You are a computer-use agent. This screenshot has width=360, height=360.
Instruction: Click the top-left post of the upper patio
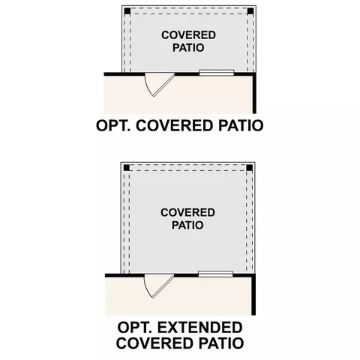127,11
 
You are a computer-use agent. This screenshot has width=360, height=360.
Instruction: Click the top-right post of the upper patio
250,11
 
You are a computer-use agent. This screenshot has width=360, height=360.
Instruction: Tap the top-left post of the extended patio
127,168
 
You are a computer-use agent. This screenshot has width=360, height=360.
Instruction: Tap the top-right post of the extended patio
249,168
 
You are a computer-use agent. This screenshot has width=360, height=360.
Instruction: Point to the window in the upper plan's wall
217,73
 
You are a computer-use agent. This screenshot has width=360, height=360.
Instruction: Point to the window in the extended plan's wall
215,274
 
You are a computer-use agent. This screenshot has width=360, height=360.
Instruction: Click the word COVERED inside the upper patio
188,35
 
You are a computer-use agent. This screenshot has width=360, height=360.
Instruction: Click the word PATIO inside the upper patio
188,47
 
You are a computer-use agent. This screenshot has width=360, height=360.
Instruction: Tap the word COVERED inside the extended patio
187,212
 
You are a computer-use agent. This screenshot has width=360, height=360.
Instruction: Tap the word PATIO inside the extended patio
187,225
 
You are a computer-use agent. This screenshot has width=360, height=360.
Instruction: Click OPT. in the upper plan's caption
113,125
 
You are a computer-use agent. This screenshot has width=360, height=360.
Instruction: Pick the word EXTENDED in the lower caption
200,328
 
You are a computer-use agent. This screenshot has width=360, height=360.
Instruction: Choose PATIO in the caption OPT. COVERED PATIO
241,125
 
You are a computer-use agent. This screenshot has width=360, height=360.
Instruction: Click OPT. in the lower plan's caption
134,328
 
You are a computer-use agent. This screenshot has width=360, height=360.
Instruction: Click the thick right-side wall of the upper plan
254,93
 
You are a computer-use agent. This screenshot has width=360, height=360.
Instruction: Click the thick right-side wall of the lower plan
253,295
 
